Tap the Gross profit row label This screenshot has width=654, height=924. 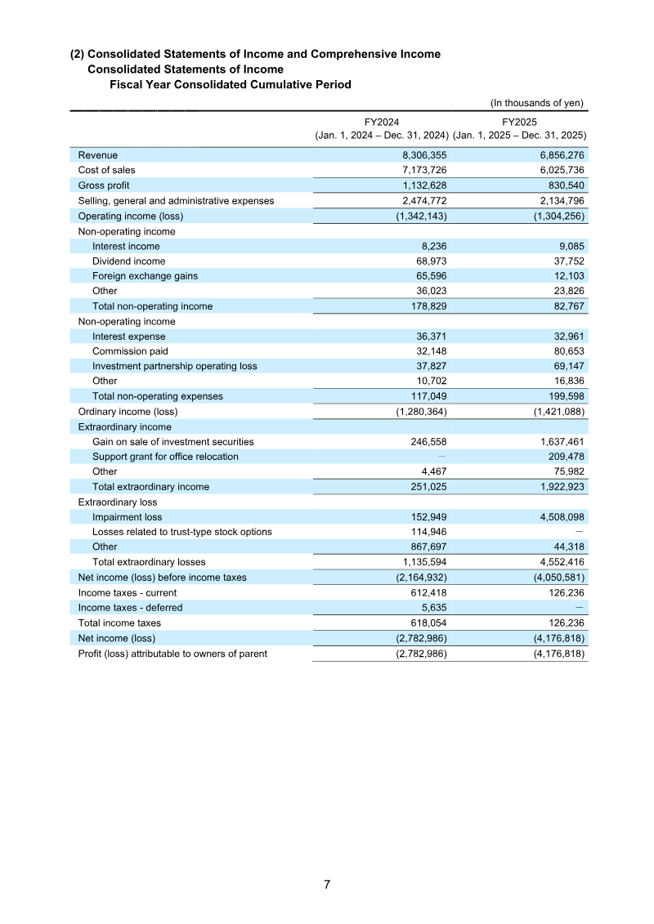coord(104,185)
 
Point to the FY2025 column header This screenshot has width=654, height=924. coord(519,121)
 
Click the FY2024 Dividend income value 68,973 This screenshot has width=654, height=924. coord(428,261)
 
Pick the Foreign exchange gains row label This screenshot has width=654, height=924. coord(145,276)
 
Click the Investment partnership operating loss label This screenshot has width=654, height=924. coord(174,366)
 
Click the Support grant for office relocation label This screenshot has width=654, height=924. coord(165,457)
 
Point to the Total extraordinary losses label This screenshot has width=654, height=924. coord(149,562)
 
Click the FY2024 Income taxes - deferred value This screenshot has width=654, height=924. coord(434,607)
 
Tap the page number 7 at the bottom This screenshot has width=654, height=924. coord(327,885)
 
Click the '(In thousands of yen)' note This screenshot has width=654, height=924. coord(536,103)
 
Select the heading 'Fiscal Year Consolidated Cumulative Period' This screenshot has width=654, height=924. coord(231,85)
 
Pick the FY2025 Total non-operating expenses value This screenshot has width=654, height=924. coord(564,396)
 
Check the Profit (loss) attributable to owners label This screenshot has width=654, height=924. coord(172,653)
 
